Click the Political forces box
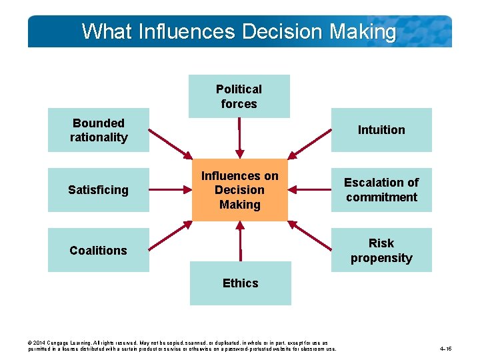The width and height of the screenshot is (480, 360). click(239, 96)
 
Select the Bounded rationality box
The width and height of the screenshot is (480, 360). click(99, 130)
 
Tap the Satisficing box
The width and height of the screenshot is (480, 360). click(99, 190)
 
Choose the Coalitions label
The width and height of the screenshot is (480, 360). click(98, 250)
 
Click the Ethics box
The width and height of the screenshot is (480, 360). click(240, 283)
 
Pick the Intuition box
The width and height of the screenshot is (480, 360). click(381, 130)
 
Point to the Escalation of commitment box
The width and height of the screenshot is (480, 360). click(381, 190)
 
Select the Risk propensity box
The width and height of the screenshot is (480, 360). click(381, 250)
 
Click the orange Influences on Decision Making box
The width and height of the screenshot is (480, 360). click(240, 190)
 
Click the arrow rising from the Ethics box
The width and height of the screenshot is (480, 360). click(240, 243)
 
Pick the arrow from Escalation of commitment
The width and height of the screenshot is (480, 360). click(310, 190)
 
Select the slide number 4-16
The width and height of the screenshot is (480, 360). click(446, 349)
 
